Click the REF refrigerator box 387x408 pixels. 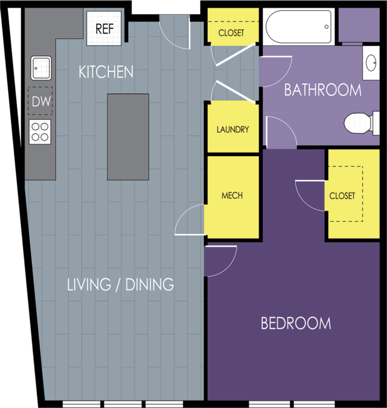[104, 29]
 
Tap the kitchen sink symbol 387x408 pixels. [41, 68]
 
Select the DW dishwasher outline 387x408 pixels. [40, 101]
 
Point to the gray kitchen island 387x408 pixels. [128, 137]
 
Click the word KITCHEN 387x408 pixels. [106, 72]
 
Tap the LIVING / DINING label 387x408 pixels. [120, 284]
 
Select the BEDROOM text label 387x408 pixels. [296, 324]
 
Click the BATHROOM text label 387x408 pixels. [322, 90]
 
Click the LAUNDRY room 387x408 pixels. [233, 129]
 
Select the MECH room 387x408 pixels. [232, 196]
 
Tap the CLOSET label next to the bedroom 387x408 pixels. [342, 196]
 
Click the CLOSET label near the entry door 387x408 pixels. [231, 33]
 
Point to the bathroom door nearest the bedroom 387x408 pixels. [280, 132]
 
